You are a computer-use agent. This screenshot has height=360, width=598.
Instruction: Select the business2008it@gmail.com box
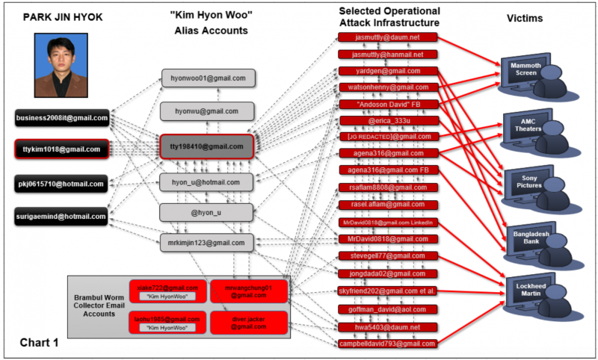(x=62, y=117)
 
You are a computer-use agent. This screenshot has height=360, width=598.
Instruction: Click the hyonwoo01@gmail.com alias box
(x=208, y=78)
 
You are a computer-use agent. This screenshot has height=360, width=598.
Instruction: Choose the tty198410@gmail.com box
(x=208, y=146)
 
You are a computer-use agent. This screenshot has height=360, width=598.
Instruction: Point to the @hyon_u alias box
(x=208, y=212)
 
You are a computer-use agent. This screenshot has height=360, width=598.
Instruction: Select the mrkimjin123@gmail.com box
(x=208, y=242)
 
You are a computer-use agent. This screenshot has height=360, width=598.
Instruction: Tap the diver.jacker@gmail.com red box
(x=247, y=322)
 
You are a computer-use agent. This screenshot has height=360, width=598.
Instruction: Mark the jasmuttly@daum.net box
(x=386, y=37)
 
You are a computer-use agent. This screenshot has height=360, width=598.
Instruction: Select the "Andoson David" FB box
(x=386, y=104)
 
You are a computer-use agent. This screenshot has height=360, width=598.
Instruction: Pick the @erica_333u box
(x=386, y=120)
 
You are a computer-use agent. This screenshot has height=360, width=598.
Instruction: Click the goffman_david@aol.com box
(x=386, y=308)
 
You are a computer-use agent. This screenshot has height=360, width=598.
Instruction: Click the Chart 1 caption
(x=38, y=343)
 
